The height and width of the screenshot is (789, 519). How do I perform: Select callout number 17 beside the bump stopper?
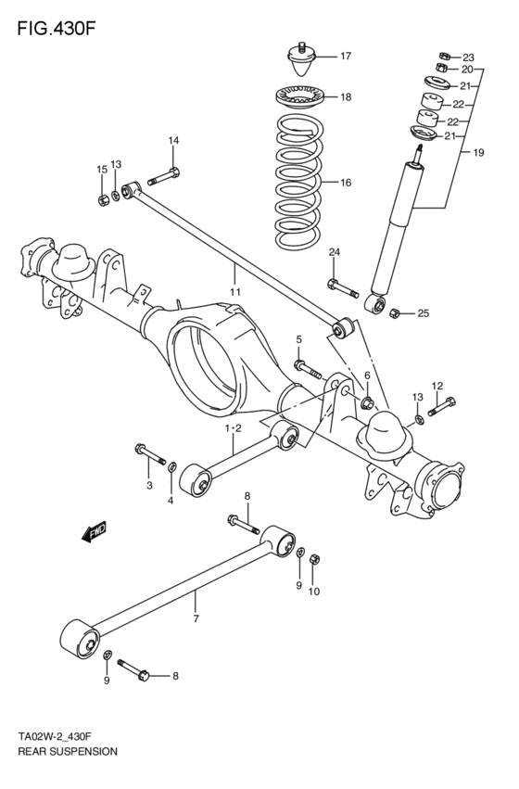pyautogui.click(x=345, y=56)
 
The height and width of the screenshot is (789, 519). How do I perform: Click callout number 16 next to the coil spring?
pyautogui.click(x=345, y=184)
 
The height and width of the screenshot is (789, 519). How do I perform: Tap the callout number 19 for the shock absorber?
pyautogui.click(x=479, y=152)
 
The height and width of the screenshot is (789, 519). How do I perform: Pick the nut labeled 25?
pyautogui.click(x=395, y=312)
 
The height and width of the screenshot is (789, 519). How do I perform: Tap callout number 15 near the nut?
pyautogui.click(x=102, y=169)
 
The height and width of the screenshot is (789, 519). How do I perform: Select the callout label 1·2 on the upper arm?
pyautogui.click(x=233, y=427)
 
